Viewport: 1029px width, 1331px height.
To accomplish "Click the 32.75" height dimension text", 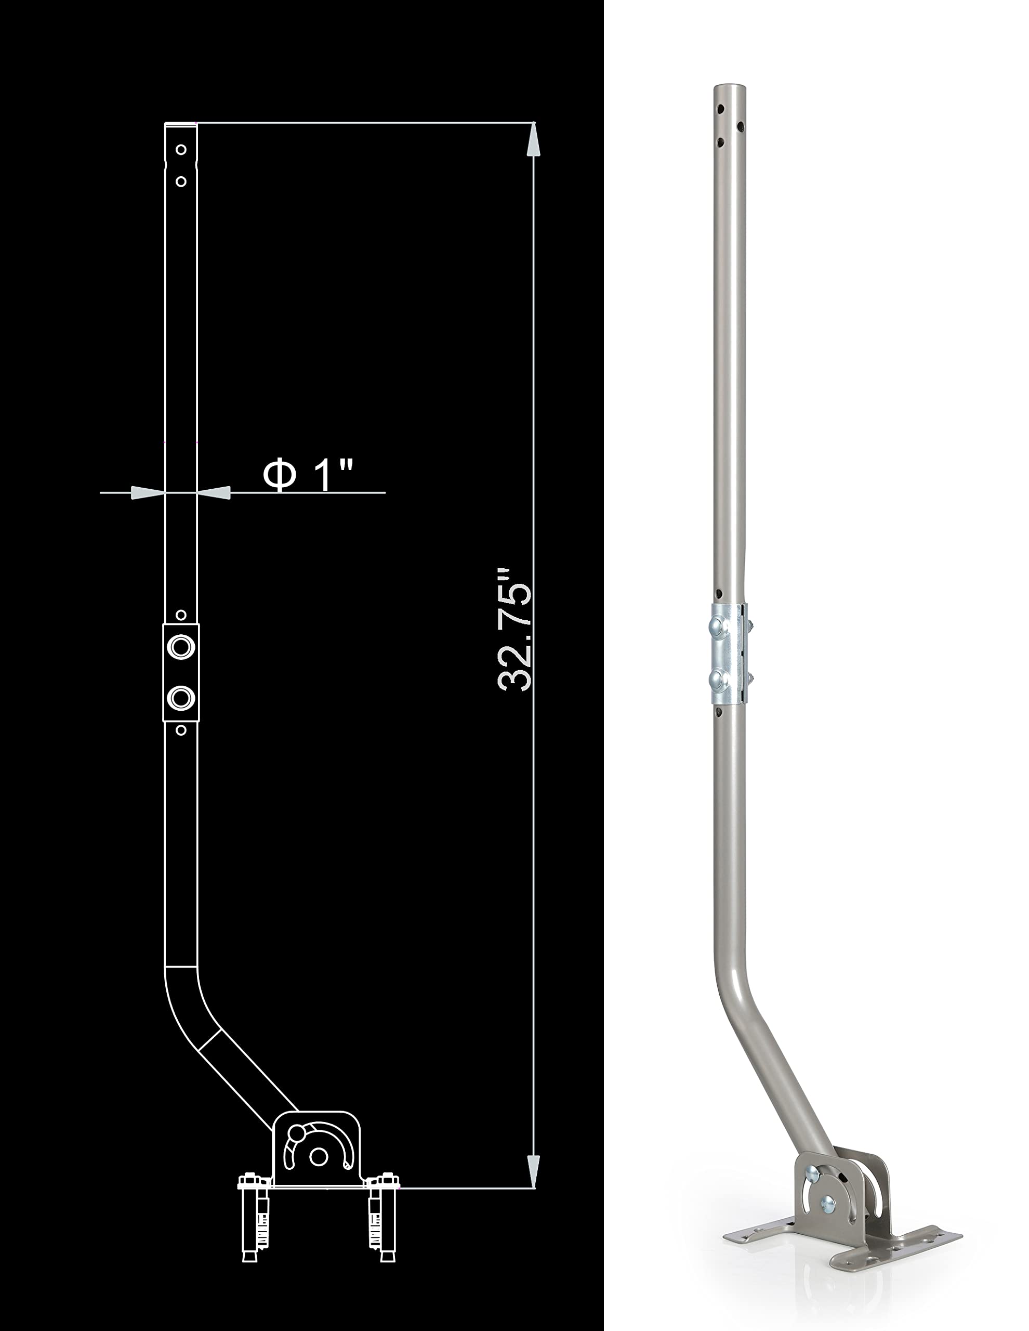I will (x=515, y=631).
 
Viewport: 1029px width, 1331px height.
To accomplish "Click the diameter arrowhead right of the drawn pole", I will (x=215, y=493).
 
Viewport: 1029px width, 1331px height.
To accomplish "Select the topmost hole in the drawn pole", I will (x=180, y=149).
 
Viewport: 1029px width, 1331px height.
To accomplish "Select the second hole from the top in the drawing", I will (x=180, y=181).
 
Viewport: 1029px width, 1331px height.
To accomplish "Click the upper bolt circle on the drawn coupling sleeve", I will (x=180, y=646).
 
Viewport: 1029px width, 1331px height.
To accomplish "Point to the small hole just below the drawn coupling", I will (x=180, y=730).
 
